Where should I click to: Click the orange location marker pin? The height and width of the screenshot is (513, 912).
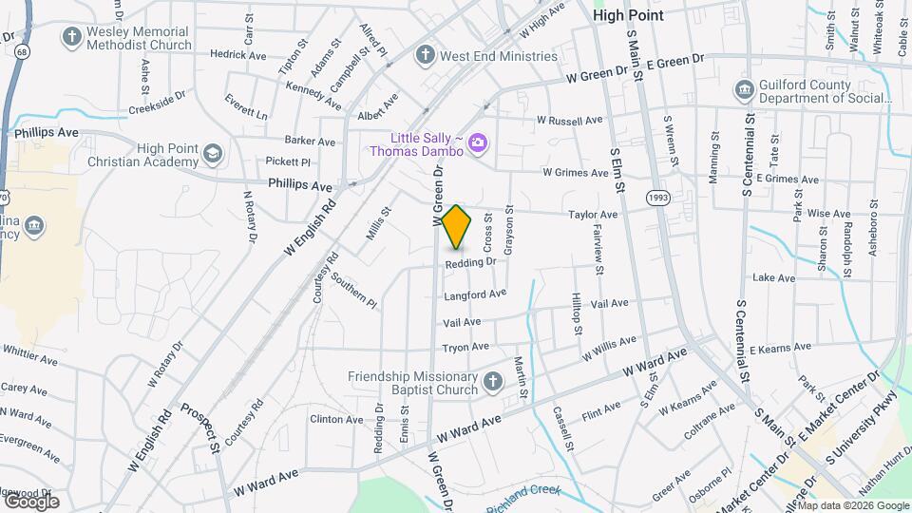click(457, 226)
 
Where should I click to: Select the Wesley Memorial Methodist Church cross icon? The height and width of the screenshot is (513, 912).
click(71, 37)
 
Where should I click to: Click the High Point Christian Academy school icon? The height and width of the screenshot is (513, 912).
click(214, 154)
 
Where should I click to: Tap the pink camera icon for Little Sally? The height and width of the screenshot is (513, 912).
click(477, 143)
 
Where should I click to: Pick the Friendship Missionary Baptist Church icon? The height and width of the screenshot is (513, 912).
click(492, 382)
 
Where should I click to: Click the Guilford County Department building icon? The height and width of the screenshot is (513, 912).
click(744, 90)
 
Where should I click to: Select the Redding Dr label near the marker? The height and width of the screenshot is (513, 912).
click(470, 262)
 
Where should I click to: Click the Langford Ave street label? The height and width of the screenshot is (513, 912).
click(474, 295)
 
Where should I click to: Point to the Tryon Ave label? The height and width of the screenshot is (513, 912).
click(465, 347)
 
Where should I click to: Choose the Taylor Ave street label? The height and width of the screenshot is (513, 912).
click(593, 215)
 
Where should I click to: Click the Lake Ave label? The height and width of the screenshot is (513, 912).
click(772, 277)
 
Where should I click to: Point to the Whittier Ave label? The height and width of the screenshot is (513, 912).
click(30, 361)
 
